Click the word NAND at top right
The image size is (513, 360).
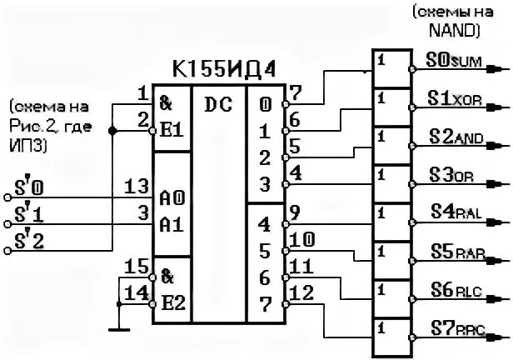pyautogui.click(x=452, y=30)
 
